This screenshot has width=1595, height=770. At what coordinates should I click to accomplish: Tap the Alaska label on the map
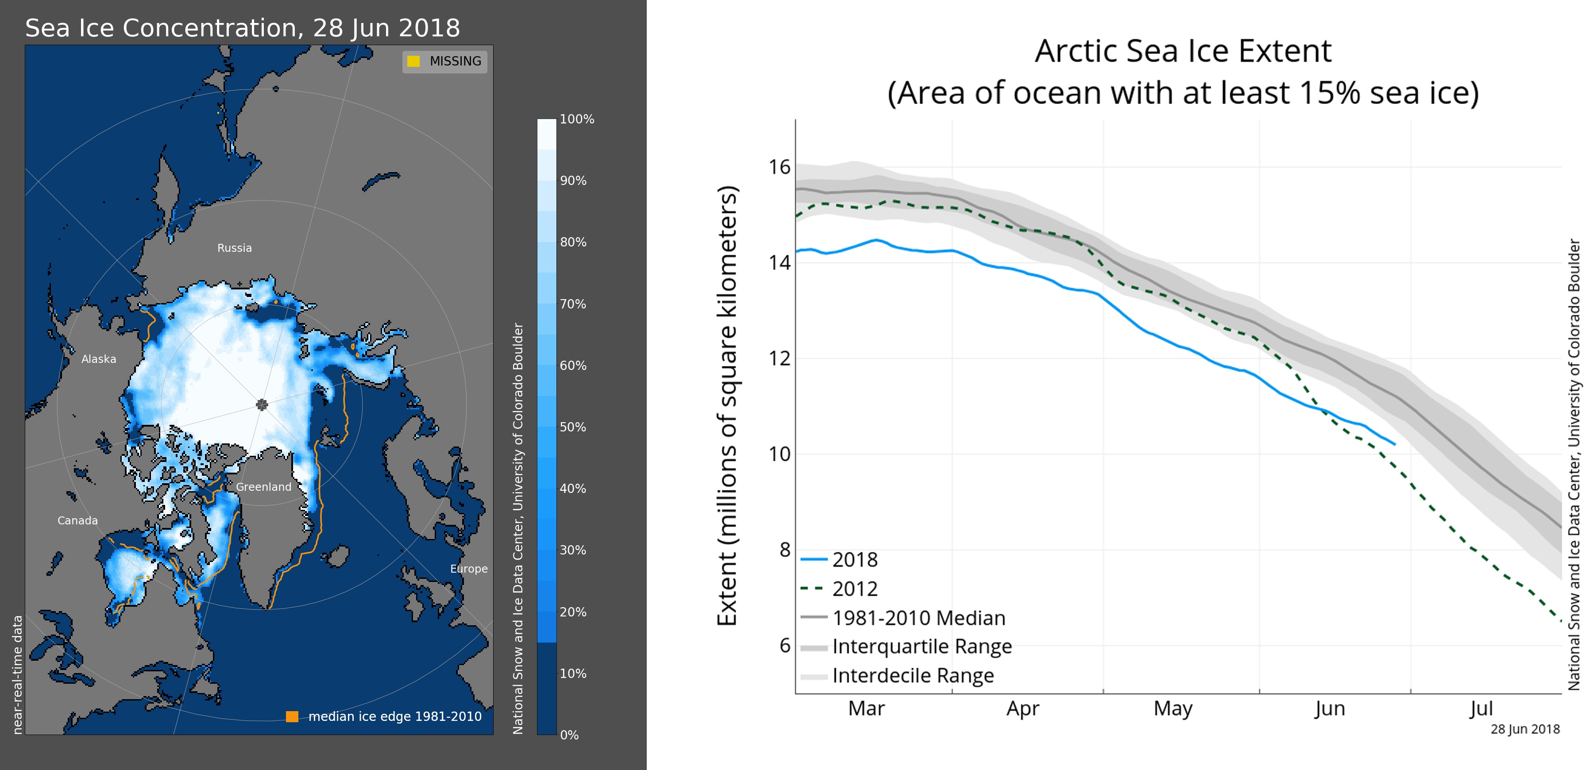98,359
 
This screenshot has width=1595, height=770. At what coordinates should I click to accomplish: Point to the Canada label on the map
77,520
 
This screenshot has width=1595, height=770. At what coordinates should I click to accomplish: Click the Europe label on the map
469,569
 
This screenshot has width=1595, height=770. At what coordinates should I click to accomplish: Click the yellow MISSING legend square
413,61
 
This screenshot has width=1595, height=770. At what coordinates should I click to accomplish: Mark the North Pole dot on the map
262,405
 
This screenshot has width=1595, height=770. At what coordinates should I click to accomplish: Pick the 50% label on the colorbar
573,427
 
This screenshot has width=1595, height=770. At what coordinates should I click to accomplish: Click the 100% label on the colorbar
576,119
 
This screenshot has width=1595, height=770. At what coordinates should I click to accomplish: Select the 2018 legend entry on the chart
854,559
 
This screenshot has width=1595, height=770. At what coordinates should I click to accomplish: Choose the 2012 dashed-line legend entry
854,589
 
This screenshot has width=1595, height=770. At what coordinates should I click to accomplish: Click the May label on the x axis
1173,708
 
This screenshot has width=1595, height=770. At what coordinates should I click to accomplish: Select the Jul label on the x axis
1481,708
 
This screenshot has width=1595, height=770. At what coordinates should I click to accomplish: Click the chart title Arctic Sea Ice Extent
1182,51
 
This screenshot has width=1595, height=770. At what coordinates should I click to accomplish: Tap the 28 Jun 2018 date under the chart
1525,729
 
